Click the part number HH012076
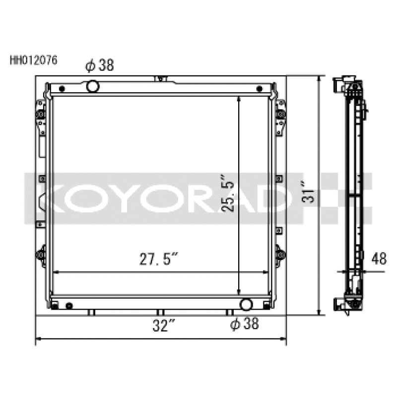(x=34, y=61)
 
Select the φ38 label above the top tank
(x=100, y=66)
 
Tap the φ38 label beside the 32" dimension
(x=245, y=325)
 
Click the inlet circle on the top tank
(x=93, y=86)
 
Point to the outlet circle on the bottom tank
(x=245, y=304)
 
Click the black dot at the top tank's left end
(x=62, y=89)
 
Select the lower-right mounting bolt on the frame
(x=281, y=255)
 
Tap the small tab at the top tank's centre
(x=159, y=78)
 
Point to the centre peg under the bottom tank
(x=159, y=313)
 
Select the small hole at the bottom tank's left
(x=69, y=305)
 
